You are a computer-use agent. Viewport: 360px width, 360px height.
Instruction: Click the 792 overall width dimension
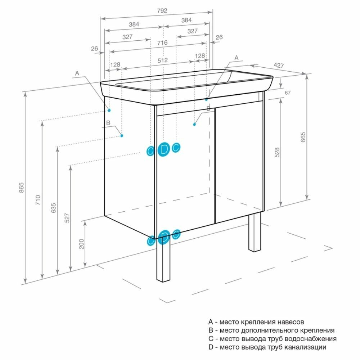(162, 11)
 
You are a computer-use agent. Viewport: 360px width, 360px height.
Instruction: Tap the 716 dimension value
(162, 43)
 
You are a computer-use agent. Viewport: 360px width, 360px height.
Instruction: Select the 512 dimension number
(162, 60)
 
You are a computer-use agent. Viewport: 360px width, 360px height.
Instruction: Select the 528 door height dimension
(277, 153)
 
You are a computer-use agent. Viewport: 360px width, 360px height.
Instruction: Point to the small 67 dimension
(287, 93)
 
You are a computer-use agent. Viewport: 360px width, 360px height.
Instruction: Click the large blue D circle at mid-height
(164, 149)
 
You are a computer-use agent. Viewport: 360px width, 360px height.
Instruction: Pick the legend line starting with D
(267, 347)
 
